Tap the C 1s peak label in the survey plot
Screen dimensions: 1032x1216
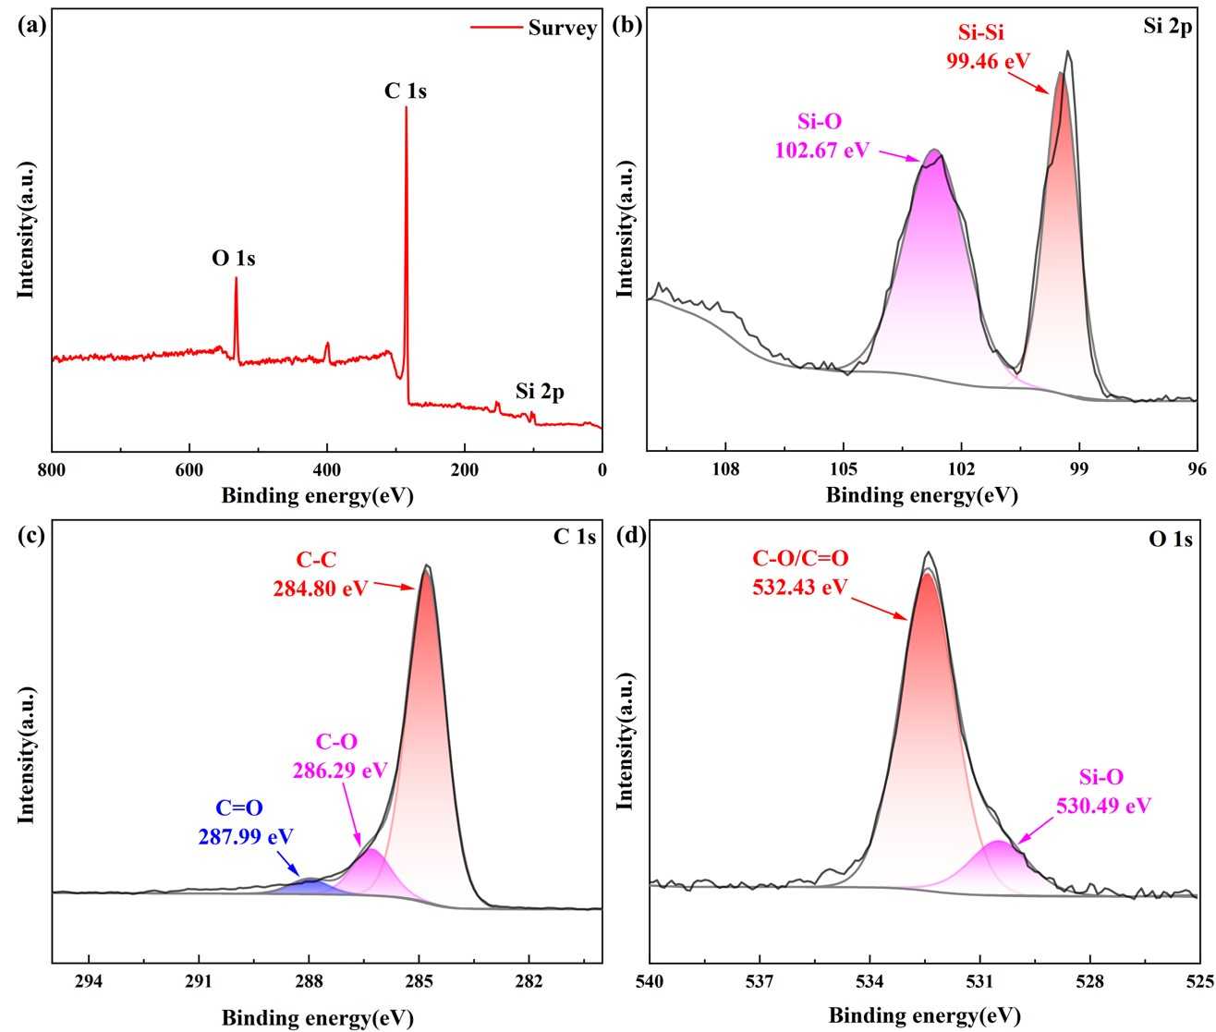[x=406, y=91]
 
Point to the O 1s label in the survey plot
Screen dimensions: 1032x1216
[x=234, y=259]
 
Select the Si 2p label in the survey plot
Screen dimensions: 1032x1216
[x=540, y=392]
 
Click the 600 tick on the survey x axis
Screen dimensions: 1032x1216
[x=189, y=469]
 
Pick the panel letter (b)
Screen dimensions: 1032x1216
[x=627, y=26]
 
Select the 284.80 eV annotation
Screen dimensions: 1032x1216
[x=320, y=588]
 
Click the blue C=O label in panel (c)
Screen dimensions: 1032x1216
[x=239, y=808]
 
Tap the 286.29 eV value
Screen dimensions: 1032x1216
[x=339, y=770]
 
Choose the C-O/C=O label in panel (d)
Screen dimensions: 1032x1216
[x=798, y=558]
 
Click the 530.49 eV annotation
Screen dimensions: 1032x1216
[x=1103, y=806]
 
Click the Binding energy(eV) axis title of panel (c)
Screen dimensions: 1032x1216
[x=317, y=1018]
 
